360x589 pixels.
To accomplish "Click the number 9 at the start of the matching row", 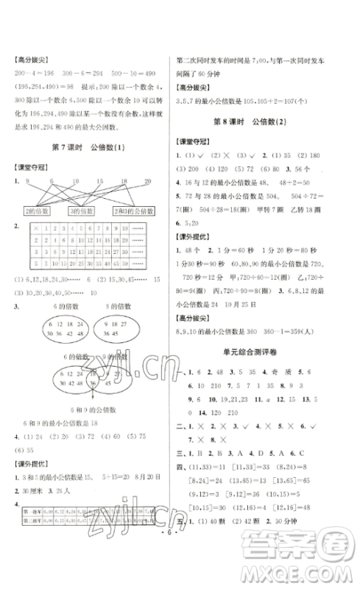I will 27,180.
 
